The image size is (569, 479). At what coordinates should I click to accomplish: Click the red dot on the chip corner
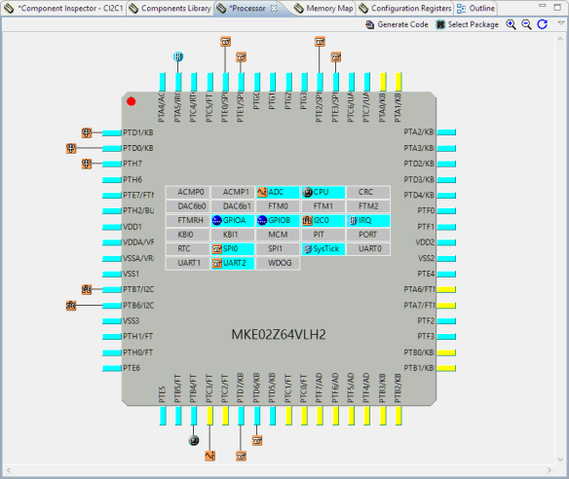pos(132,101)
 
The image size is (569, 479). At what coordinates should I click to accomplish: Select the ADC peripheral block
pos(278,192)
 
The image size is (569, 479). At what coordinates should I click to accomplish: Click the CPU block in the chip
pos(322,192)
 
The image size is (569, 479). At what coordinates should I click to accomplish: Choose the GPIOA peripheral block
pos(232,221)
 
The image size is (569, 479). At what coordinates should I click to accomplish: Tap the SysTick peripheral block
pos(322,249)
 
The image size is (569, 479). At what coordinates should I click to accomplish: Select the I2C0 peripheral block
pos(322,221)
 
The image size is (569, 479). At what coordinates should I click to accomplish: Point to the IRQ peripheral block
pos(366,221)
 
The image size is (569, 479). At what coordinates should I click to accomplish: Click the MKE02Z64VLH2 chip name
pos(278,335)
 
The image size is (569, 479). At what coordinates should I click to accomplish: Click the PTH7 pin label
pos(133,164)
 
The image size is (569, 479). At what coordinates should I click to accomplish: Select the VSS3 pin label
pos(133,320)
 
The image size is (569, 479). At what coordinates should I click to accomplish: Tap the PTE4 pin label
pos(425,274)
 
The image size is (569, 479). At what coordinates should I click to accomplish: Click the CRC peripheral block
pos(366,192)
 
